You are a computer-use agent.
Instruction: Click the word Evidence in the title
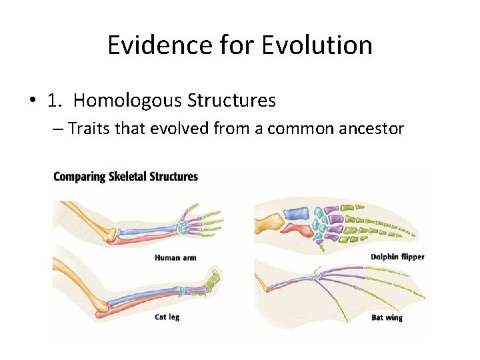pyautogui.click(x=147, y=45)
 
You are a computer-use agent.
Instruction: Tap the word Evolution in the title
pyautogui.click(x=317, y=45)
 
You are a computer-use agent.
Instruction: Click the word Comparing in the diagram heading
pyautogui.click(x=80, y=177)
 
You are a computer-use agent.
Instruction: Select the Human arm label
pyautogui.click(x=175, y=257)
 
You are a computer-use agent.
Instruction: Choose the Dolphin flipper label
pyautogui.click(x=397, y=257)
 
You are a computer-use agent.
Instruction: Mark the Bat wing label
pyautogui.click(x=387, y=317)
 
